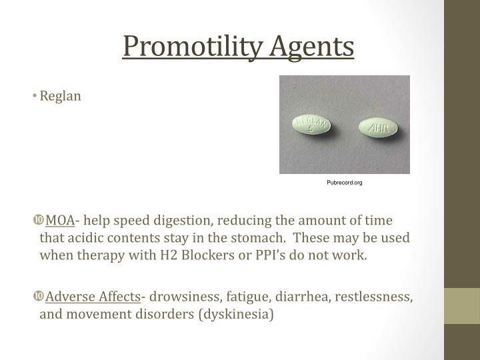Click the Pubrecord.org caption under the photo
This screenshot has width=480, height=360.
[x=345, y=182]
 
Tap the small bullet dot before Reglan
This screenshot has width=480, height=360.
[x=35, y=97]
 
